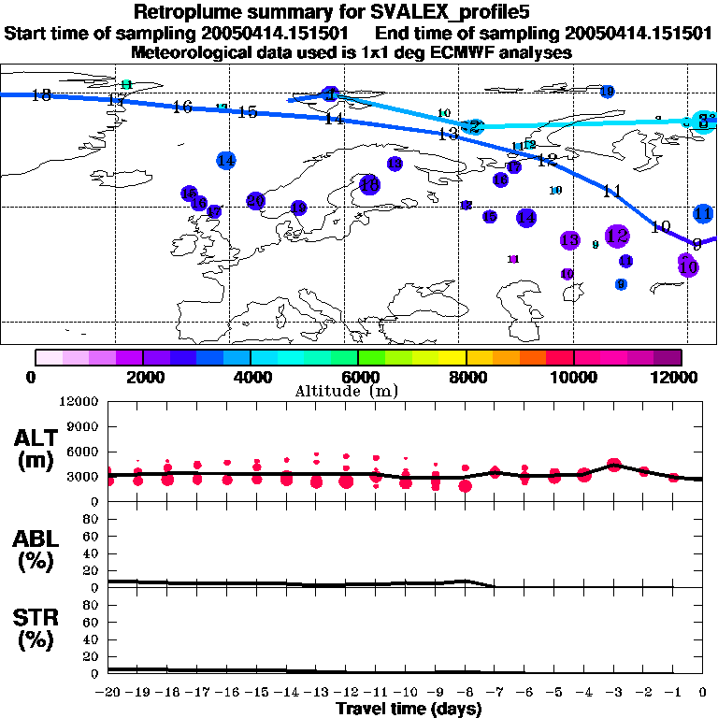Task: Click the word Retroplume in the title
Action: (x=182, y=12)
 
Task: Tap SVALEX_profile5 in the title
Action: (x=436, y=12)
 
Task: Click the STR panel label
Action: (x=36, y=630)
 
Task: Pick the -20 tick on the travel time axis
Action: (x=108, y=692)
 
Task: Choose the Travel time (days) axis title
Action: (x=409, y=710)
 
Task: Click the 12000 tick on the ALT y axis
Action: (x=80, y=401)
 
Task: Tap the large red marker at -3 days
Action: (x=614, y=464)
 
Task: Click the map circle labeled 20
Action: (x=255, y=201)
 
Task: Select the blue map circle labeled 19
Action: (x=608, y=92)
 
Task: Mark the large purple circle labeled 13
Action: (x=570, y=240)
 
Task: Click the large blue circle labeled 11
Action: (x=704, y=214)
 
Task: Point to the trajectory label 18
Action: (x=41, y=95)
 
